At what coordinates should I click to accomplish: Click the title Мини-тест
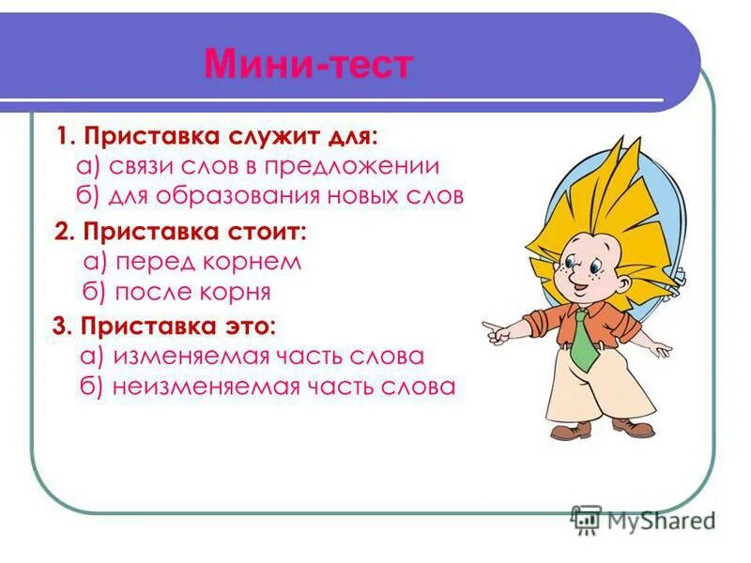[x=307, y=65]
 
